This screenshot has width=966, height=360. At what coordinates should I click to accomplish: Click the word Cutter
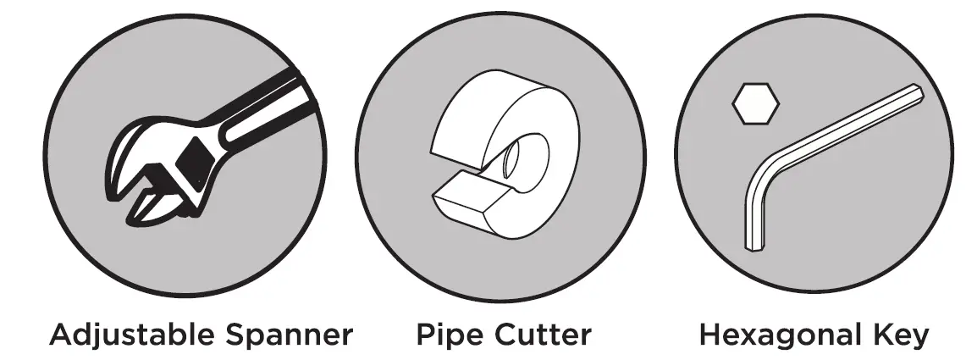coord(541,335)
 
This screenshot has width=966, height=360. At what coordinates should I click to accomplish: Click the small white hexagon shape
coord(755,104)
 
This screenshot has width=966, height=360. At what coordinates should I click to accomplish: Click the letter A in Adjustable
coord(63,335)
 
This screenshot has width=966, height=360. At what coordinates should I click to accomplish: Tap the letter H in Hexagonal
coord(712,335)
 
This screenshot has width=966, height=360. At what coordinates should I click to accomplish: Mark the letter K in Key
coord(878,335)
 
